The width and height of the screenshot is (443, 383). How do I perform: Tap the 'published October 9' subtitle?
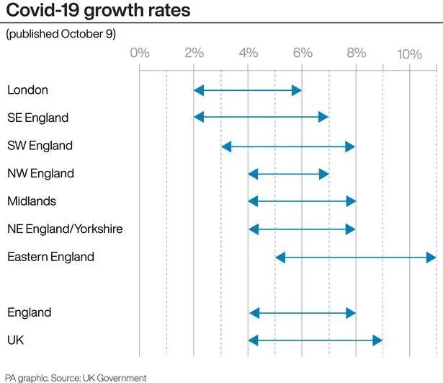[x=61, y=34]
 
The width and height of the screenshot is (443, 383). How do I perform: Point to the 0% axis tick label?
[x=140, y=53]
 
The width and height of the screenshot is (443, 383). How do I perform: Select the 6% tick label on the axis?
[x=302, y=53]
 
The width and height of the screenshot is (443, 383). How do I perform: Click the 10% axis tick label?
[x=409, y=53]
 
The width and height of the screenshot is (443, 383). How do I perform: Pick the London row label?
[x=27, y=90]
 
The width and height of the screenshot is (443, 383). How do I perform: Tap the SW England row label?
[x=40, y=146]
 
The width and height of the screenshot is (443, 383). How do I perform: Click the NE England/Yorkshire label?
[x=65, y=229]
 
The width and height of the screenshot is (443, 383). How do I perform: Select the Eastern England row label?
[x=50, y=257]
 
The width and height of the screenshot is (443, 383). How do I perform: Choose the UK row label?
[x=16, y=340]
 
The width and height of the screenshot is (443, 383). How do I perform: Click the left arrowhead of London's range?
[x=199, y=90]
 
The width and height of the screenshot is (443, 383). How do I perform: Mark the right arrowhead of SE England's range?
[x=323, y=118]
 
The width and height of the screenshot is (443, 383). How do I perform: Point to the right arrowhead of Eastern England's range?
[x=431, y=257]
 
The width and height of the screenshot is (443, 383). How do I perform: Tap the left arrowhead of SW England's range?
[x=226, y=146]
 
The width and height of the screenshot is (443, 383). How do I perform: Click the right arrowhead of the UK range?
[x=377, y=340]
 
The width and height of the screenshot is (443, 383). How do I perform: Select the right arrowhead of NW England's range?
[x=323, y=174]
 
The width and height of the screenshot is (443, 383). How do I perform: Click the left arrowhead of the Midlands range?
[x=253, y=201]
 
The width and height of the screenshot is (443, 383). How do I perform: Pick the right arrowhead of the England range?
[x=351, y=312]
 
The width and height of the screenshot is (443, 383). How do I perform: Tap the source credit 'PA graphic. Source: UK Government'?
[x=76, y=377]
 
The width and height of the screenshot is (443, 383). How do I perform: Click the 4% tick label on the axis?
[x=248, y=53]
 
